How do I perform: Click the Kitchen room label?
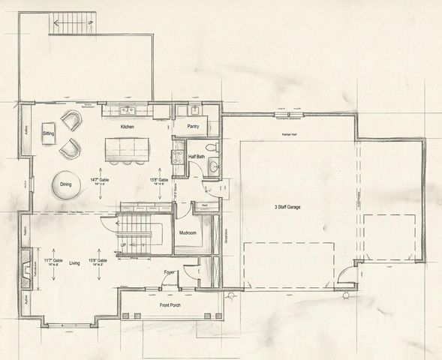coord(127,127)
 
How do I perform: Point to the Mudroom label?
coord(188,232)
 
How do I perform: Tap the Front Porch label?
coord(169,305)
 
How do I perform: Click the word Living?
coord(75,264)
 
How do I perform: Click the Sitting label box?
coord(49,133)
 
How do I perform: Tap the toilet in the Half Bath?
coord(212,147)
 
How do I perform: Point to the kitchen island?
coord(127,150)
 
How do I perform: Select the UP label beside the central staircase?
coord(122,244)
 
